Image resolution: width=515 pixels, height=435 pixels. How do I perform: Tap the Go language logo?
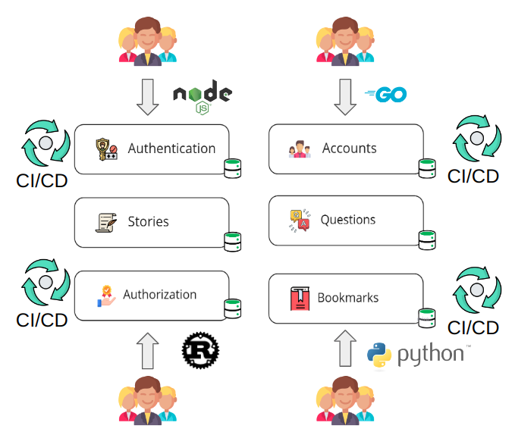pos(386,95)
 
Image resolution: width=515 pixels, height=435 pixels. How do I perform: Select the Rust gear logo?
pos(201,349)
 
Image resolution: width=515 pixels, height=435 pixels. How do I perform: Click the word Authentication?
pos(171,149)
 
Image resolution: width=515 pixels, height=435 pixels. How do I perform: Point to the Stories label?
pos(148,222)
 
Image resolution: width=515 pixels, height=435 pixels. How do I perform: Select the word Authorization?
pos(159,295)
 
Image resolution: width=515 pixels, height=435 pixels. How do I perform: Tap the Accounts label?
pos(349,149)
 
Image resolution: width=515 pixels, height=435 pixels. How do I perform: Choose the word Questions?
pos(348,220)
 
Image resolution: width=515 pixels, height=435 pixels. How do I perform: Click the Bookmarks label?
pos(347,298)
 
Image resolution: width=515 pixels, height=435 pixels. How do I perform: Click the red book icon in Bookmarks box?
pos(300,298)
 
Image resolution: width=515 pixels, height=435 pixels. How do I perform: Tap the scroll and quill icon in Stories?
pos(106,222)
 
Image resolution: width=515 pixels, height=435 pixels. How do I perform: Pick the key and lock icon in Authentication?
pos(106,149)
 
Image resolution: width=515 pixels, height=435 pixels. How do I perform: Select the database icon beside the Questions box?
pos(427,239)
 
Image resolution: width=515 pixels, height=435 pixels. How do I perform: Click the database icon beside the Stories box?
pos(233,241)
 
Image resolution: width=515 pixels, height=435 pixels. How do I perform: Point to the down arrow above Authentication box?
pos(148,96)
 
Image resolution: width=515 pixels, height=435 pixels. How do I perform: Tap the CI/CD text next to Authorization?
pos(42,320)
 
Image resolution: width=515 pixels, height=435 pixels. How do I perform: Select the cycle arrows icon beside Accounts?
pos(476,139)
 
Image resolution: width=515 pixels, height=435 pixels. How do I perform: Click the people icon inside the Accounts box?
pos(300,149)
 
